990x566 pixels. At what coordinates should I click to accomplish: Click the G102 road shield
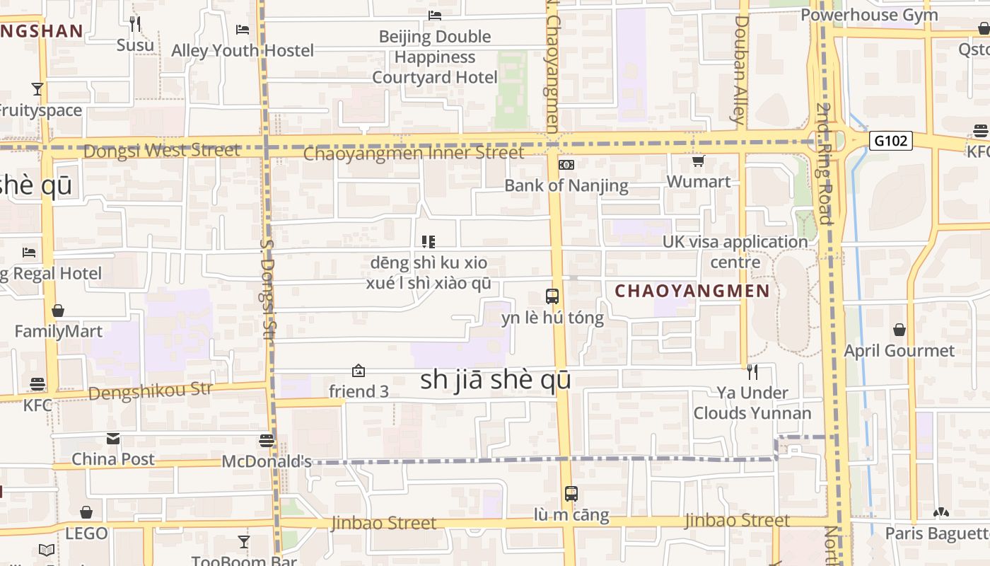tap(890, 141)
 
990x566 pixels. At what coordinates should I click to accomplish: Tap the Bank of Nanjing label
tap(566, 185)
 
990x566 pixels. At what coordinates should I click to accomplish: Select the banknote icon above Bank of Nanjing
tap(566, 165)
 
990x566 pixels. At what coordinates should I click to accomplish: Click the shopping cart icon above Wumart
tap(698, 161)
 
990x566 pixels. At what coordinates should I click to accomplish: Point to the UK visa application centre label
tap(735, 252)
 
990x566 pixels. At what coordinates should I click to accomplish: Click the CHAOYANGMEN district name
tap(692, 291)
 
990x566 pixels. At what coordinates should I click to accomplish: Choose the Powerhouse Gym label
tap(879, 15)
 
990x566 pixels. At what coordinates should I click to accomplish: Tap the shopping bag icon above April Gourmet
tap(899, 330)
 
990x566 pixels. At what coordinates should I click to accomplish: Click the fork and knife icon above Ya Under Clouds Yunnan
tap(752, 371)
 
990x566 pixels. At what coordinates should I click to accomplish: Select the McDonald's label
tap(267, 461)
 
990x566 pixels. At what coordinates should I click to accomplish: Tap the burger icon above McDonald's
tap(267, 441)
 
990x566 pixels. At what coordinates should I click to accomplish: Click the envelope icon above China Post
tap(113, 439)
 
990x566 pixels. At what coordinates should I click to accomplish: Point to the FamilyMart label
tap(59, 331)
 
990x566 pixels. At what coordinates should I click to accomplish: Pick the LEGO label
tap(86, 533)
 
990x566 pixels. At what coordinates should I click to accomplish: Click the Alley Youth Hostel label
tap(243, 51)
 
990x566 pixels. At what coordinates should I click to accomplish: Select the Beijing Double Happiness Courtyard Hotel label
tap(435, 57)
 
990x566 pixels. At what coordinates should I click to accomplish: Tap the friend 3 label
tap(359, 391)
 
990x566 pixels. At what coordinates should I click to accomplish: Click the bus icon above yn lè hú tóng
tap(552, 296)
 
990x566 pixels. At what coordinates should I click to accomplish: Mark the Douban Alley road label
tap(740, 69)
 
